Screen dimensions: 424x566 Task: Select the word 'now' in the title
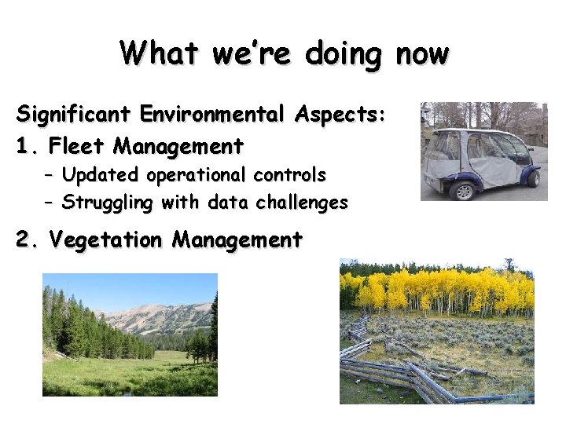pyautogui.click(x=422, y=53)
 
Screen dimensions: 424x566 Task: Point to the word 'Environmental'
pyautogui.click(x=215, y=115)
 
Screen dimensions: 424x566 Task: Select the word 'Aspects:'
pyautogui.click(x=342, y=115)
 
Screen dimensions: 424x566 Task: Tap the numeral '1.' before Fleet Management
pyautogui.click(x=28, y=146)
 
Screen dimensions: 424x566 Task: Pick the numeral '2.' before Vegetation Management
pyautogui.click(x=29, y=239)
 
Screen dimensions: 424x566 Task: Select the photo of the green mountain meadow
pyautogui.click(x=130, y=334)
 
